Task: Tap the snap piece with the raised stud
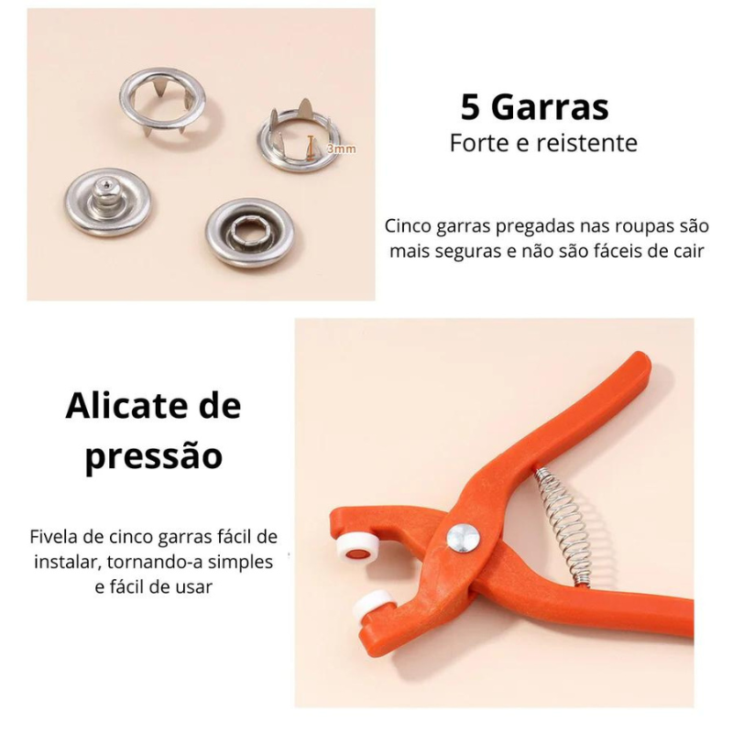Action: point(107,201)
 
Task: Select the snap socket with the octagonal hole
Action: point(248,231)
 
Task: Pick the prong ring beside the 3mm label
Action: point(297,138)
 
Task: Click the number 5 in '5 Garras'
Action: point(471,108)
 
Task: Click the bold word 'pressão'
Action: point(153,455)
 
